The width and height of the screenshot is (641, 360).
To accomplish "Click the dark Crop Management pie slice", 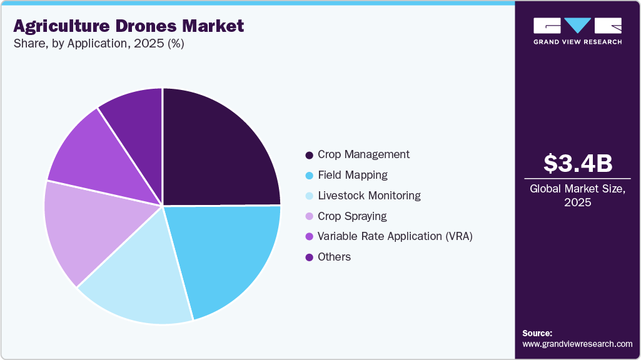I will [216, 150].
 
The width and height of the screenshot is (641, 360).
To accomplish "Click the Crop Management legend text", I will [363, 154].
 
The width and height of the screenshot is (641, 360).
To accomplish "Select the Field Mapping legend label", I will [352, 175].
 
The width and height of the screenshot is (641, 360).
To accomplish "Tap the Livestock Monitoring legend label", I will [369, 196].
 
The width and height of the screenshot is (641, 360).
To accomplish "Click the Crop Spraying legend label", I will [352, 216].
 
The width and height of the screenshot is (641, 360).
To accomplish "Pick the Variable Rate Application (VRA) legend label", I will [395, 236].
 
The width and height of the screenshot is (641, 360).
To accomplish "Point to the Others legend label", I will [334, 257].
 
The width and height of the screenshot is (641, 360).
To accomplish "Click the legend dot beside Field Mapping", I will [309, 176].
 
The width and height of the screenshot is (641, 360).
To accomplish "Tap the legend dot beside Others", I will [309, 257].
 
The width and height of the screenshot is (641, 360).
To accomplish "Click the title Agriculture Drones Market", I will [128, 26].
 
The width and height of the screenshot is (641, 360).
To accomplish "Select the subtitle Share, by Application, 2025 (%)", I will [98, 44].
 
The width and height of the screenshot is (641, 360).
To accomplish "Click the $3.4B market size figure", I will [577, 163].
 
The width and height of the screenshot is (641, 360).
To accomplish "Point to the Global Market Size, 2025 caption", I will [577, 195].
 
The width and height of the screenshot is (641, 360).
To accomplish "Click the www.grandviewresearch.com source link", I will [577, 344].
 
